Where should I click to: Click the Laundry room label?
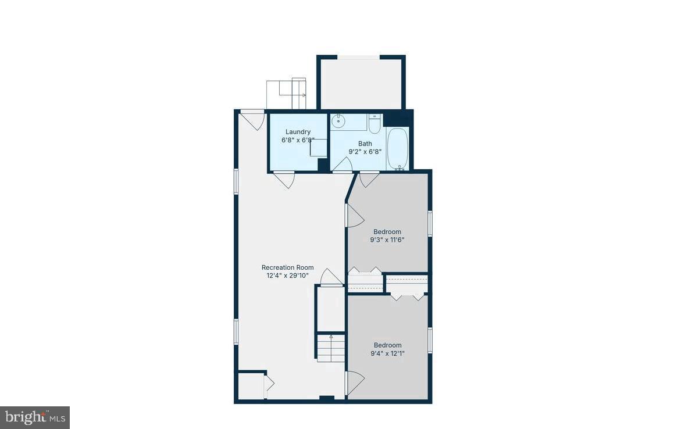(298, 132)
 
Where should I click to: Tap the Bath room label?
(365, 144)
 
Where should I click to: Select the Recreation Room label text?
(287, 267)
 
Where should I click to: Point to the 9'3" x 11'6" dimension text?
(387, 239)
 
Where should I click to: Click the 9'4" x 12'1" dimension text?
(387, 353)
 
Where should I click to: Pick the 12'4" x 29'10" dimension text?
(287, 276)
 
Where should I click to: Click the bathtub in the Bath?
(398, 149)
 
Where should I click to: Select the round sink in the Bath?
(338, 121)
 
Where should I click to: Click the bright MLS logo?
(35, 417)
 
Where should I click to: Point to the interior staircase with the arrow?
(330, 346)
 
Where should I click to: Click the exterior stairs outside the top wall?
(287, 94)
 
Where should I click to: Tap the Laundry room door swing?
(284, 180)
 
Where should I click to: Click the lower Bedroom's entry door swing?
(355, 382)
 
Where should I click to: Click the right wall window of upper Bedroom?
(430, 223)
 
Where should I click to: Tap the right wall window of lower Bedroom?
(430, 340)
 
